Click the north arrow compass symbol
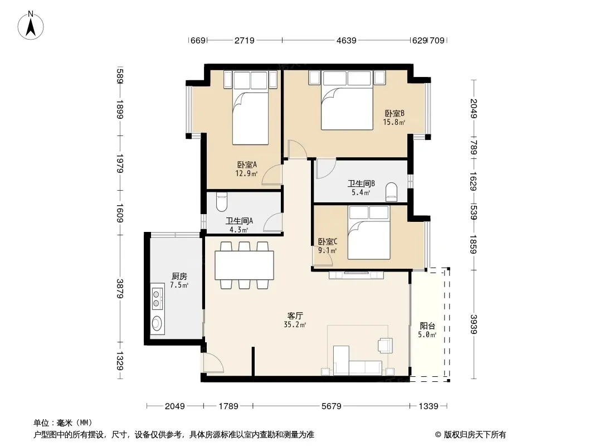[31, 26]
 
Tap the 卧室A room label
[247, 165]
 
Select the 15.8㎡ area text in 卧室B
[394, 122]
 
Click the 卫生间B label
[362, 184]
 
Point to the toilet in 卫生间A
[222, 202]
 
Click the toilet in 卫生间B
[391, 192]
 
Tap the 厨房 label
[179, 276]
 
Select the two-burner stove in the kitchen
[157, 298]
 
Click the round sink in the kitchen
[157, 323]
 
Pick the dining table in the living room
[245, 265]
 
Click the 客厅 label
[295, 316]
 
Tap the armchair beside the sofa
[385, 345]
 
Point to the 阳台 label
[427, 326]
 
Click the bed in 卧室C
[369, 232]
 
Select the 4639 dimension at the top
[346, 40]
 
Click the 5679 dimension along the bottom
[332, 406]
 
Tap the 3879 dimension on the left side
[120, 289]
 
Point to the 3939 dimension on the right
[474, 324]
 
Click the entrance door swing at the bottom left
[213, 362]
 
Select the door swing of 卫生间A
[272, 222]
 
